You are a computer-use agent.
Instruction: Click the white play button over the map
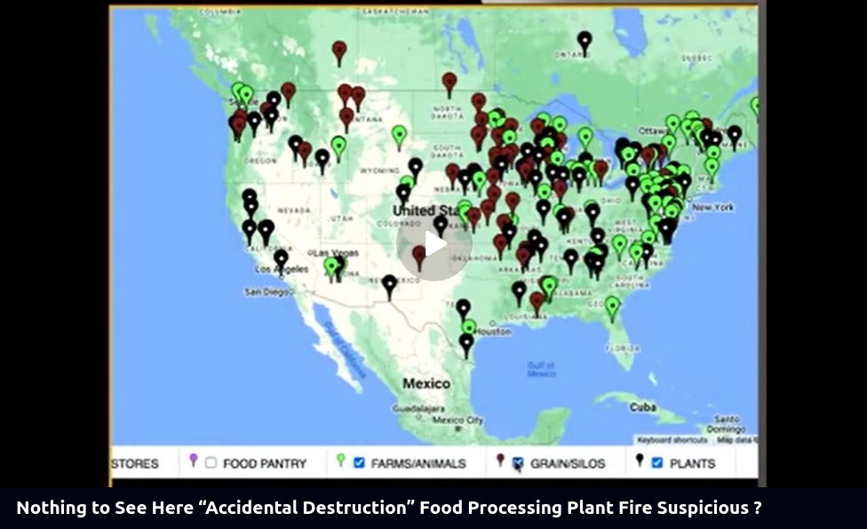pyautogui.click(x=433, y=244)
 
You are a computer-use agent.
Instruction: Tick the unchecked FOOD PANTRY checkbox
pyautogui.click(x=211, y=462)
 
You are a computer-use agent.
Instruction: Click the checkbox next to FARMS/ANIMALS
pyautogui.click(x=359, y=462)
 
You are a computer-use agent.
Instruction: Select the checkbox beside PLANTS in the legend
pyautogui.click(x=657, y=462)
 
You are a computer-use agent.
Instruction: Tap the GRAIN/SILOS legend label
pyautogui.click(x=568, y=463)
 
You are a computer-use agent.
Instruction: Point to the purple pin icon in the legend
pyautogui.click(x=194, y=460)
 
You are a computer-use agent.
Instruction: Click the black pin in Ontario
pyautogui.click(x=584, y=40)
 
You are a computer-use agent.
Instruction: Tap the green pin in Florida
pyautogui.click(x=612, y=306)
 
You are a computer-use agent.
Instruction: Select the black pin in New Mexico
pyautogui.click(x=389, y=284)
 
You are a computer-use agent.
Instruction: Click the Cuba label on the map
pyautogui.click(x=642, y=407)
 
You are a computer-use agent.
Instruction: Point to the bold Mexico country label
pyautogui.click(x=426, y=383)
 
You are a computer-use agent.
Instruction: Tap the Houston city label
pyautogui.click(x=493, y=331)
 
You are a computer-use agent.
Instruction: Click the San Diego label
pyautogui.click(x=267, y=291)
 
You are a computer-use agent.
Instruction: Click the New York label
pyautogui.click(x=712, y=207)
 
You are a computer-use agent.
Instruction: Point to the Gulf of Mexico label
pyautogui.click(x=541, y=369)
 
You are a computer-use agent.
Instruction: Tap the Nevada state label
pyautogui.click(x=294, y=209)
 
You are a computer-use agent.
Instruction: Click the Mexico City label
pyautogui.click(x=458, y=420)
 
